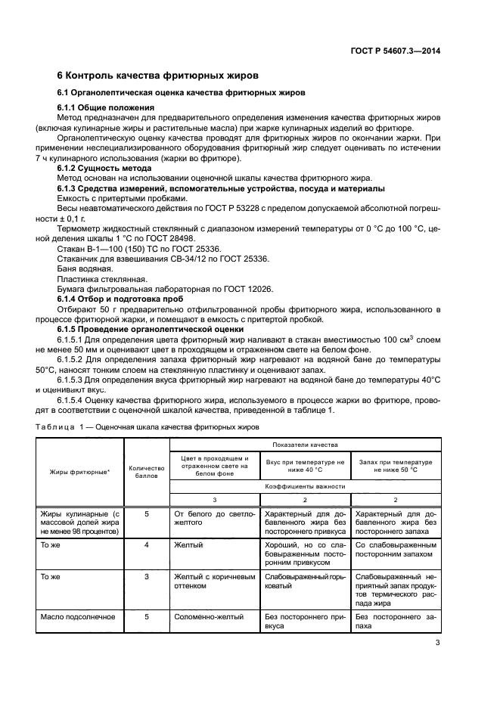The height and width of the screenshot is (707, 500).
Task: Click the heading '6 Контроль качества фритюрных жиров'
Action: click(x=158, y=76)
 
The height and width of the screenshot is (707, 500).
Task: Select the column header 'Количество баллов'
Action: click(x=147, y=473)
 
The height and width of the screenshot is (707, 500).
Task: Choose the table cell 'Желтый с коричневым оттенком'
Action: click(x=216, y=580)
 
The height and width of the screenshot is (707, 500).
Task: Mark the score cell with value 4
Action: click(x=147, y=543)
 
